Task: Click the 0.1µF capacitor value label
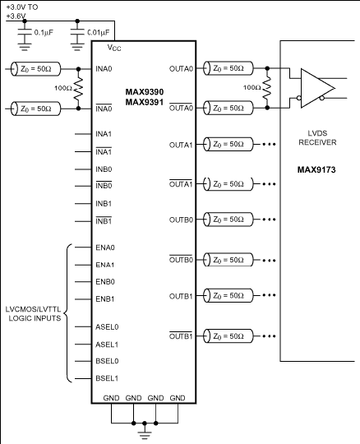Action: click(x=44, y=33)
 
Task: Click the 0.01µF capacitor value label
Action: click(x=98, y=33)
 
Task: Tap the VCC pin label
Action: click(x=114, y=48)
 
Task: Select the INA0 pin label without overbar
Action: click(x=104, y=69)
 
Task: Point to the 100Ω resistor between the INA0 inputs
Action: click(x=78, y=89)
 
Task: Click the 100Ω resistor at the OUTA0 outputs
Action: click(x=267, y=88)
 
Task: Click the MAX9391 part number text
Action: click(x=145, y=102)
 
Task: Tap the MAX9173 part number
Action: click(x=316, y=170)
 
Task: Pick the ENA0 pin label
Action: click(x=105, y=247)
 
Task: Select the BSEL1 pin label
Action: click(x=107, y=378)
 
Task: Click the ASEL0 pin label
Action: click(x=107, y=327)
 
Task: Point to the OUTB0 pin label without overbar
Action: click(x=181, y=220)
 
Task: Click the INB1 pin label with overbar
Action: click(x=104, y=221)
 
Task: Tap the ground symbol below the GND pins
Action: click(x=145, y=434)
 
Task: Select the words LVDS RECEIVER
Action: click(x=317, y=138)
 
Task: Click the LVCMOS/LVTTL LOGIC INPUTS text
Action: click(x=33, y=314)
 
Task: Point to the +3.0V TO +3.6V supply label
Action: click(x=22, y=12)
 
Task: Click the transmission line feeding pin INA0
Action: click(x=35, y=69)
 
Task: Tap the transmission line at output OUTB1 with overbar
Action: click(x=228, y=335)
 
